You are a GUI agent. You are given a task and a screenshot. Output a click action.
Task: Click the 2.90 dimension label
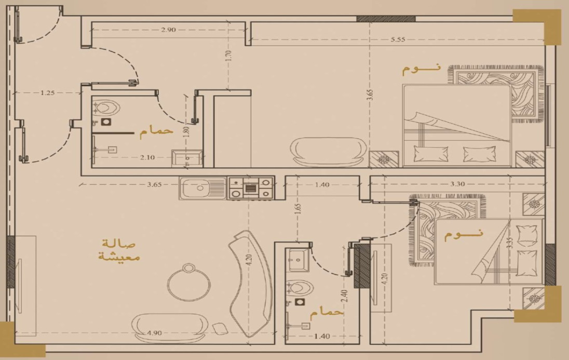(168, 30)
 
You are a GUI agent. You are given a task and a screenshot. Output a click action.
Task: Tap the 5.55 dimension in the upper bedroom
(398, 39)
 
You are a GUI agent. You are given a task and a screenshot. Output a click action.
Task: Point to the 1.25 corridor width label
(47, 92)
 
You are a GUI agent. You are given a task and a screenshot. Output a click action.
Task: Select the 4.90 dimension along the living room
(155, 333)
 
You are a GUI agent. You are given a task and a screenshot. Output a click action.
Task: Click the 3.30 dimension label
(457, 184)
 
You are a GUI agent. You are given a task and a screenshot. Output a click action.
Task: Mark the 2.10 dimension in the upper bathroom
(147, 157)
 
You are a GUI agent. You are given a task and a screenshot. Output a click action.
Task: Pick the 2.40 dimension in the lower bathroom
(344, 296)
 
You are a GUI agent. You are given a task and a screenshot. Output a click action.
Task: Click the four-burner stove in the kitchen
(250, 188)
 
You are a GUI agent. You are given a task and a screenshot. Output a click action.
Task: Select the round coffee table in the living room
(188, 282)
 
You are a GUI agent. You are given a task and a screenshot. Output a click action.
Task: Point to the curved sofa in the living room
(250, 283)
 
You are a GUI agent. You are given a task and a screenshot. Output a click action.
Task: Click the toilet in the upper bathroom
(105, 108)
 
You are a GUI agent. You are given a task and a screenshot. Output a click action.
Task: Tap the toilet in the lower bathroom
(299, 288)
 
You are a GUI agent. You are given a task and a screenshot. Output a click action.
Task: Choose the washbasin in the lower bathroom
(299, 260)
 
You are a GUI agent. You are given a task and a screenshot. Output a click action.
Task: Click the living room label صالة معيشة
(119, 250)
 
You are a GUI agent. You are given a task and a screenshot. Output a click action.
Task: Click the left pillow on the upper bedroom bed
(431, 154)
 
